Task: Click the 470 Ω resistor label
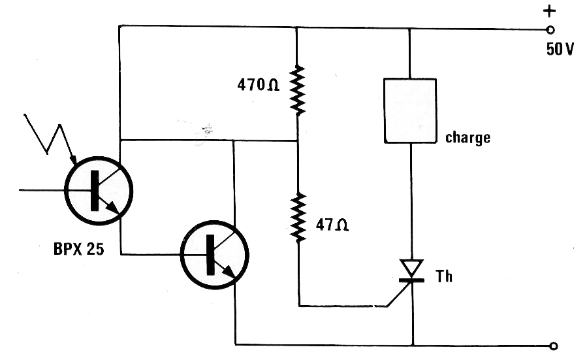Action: pyautogui.click(x=259, y=85)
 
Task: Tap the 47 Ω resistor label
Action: pyautogui.click(x=332, y=225)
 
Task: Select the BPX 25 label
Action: pyautogui.click(x=78, y=249)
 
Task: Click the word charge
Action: pyautogui.click(x=468, y=138)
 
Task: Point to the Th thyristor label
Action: pyautogui.click(x=444, y=276)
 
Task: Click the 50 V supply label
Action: pyautogui.click(x=560, y=49)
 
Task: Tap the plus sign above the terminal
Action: pyautogui.click(x=549, y=11)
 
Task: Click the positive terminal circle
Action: pyautogui.click(x=550, y=29)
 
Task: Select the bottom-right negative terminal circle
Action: pyautogui.click(x=554, y=346)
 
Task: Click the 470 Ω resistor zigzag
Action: pyautogui.click(x=298, y=90)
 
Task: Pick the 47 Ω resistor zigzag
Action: pyautogui.click(x=298, y=218)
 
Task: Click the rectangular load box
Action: pyautogui.click(x=410, y=110)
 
